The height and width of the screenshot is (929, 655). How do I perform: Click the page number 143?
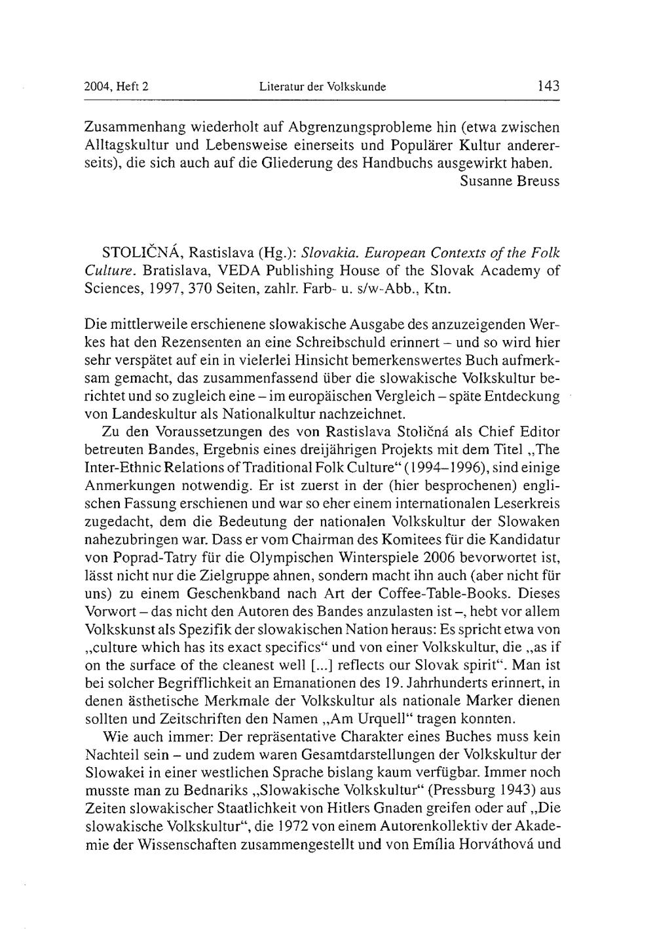[x=548, y=86]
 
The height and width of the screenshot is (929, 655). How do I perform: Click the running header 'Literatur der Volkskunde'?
[x=323, y=86]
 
